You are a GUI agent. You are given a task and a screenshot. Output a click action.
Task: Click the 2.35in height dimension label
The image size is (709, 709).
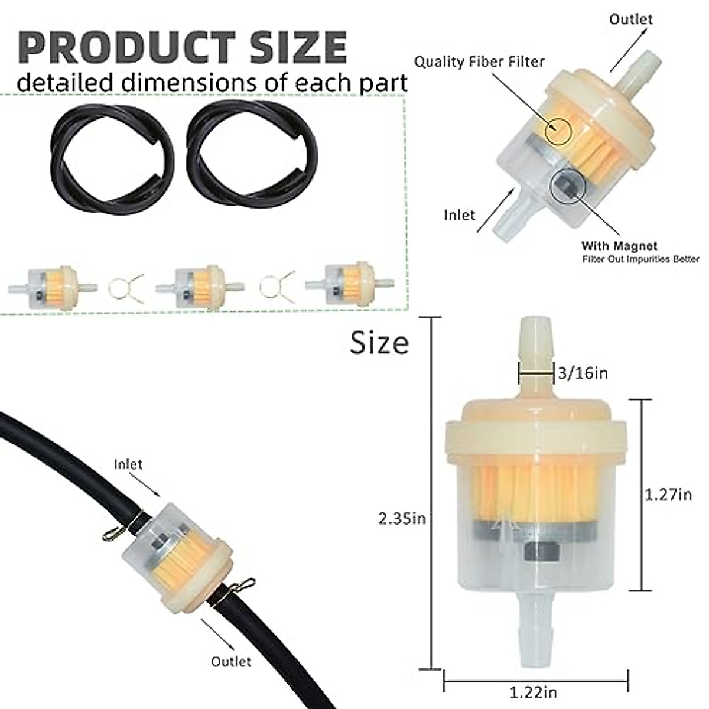(402, 519)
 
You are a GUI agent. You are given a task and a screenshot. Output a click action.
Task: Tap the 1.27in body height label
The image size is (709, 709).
(668, 495)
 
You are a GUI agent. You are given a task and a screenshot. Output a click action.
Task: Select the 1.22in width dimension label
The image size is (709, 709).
(533, 693)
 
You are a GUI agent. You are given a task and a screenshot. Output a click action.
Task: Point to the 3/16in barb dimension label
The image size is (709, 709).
(583, 373)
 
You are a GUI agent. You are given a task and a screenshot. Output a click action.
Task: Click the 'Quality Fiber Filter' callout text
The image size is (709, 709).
(479, 62)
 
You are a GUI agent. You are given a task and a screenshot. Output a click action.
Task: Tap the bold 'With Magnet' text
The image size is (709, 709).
(619, 245)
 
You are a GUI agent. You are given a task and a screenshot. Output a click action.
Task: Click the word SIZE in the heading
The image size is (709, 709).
(298, 48)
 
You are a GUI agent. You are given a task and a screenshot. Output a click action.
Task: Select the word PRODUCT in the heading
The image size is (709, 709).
(126, 48)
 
